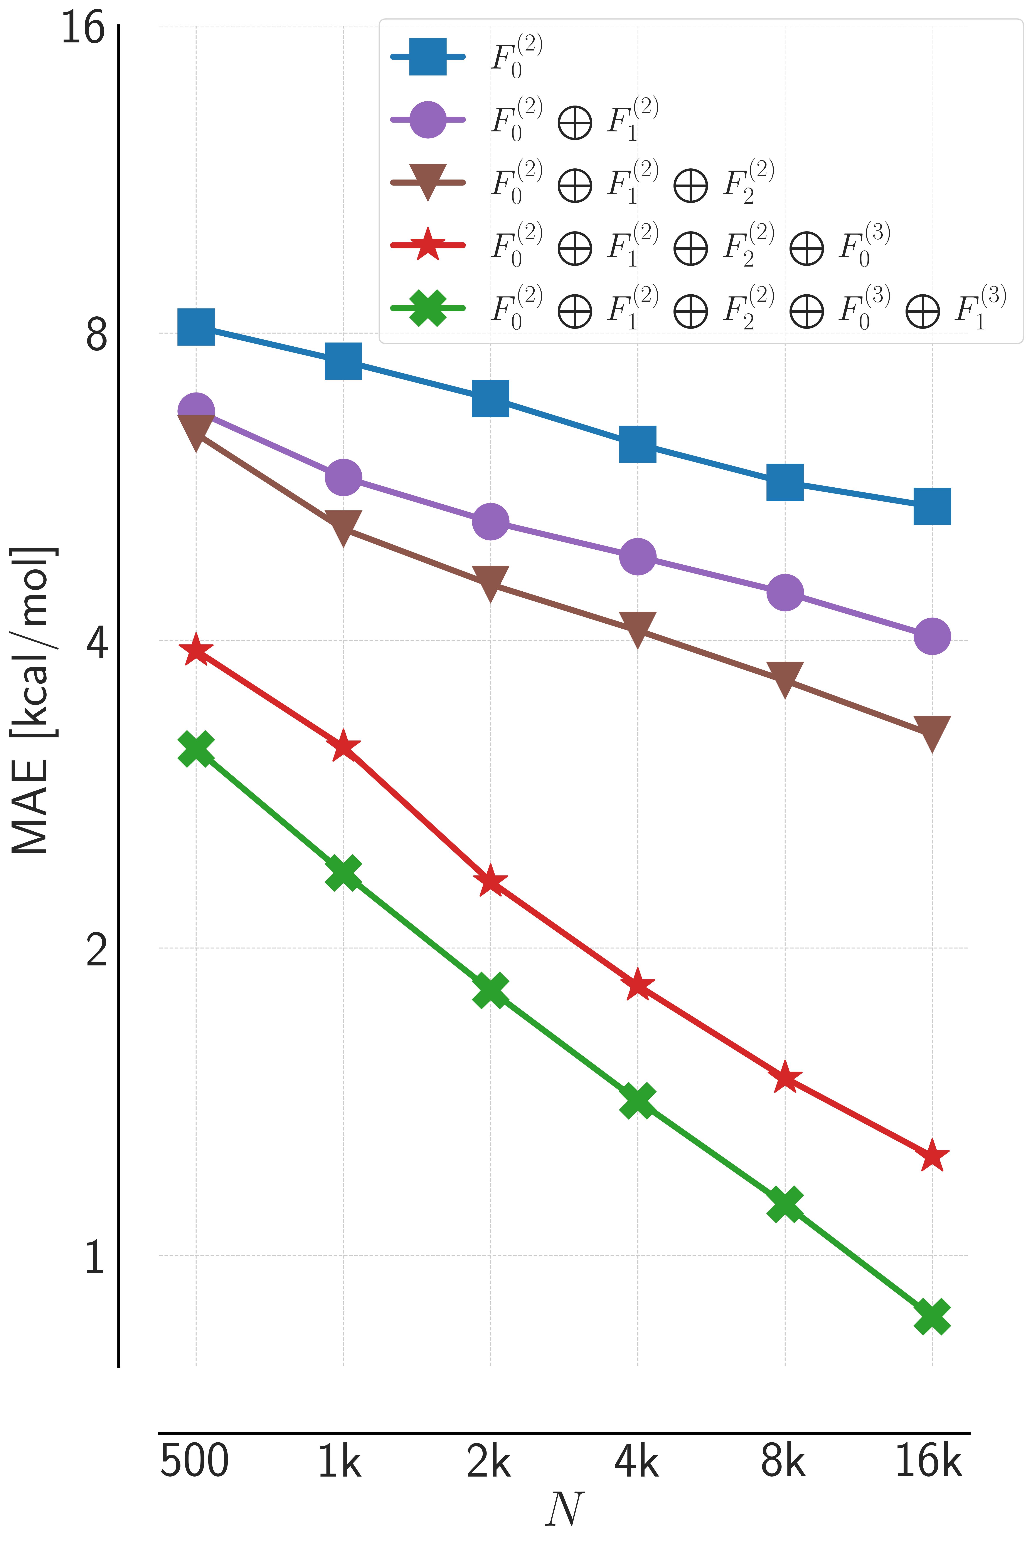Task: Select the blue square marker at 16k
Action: (x=932, y=506)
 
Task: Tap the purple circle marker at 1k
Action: (x=343, y=477)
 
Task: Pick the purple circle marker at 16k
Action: (x=932, y=636)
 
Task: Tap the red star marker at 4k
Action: (x=637, y=984)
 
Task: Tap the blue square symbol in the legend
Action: (x=428, y=57)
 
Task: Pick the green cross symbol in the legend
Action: (x=428, y=307)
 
